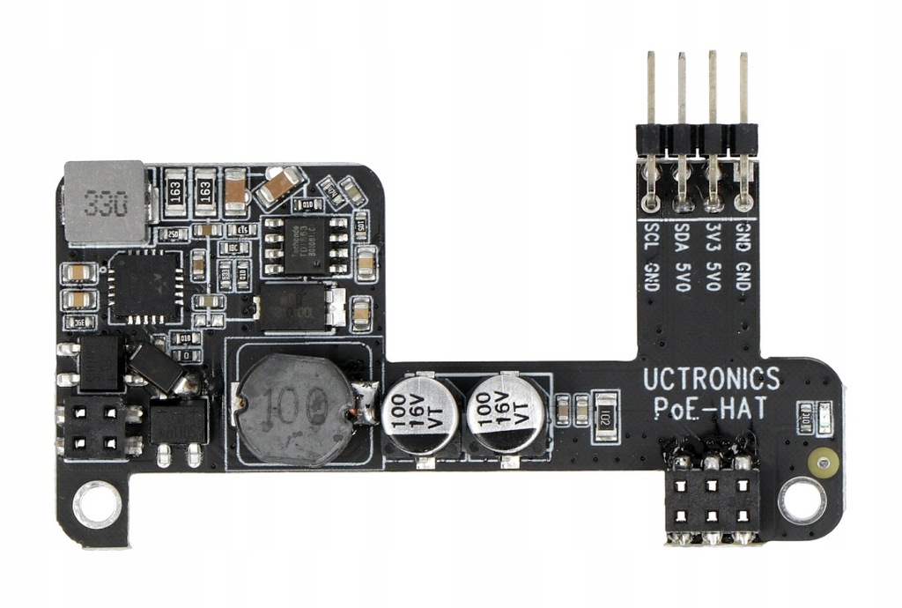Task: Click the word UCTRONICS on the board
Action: point(711,380)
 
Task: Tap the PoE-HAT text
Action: point(711,408)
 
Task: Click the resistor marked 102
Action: point(605,411)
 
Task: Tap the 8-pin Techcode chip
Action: point(301,244)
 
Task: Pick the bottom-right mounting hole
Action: point(802,500)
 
